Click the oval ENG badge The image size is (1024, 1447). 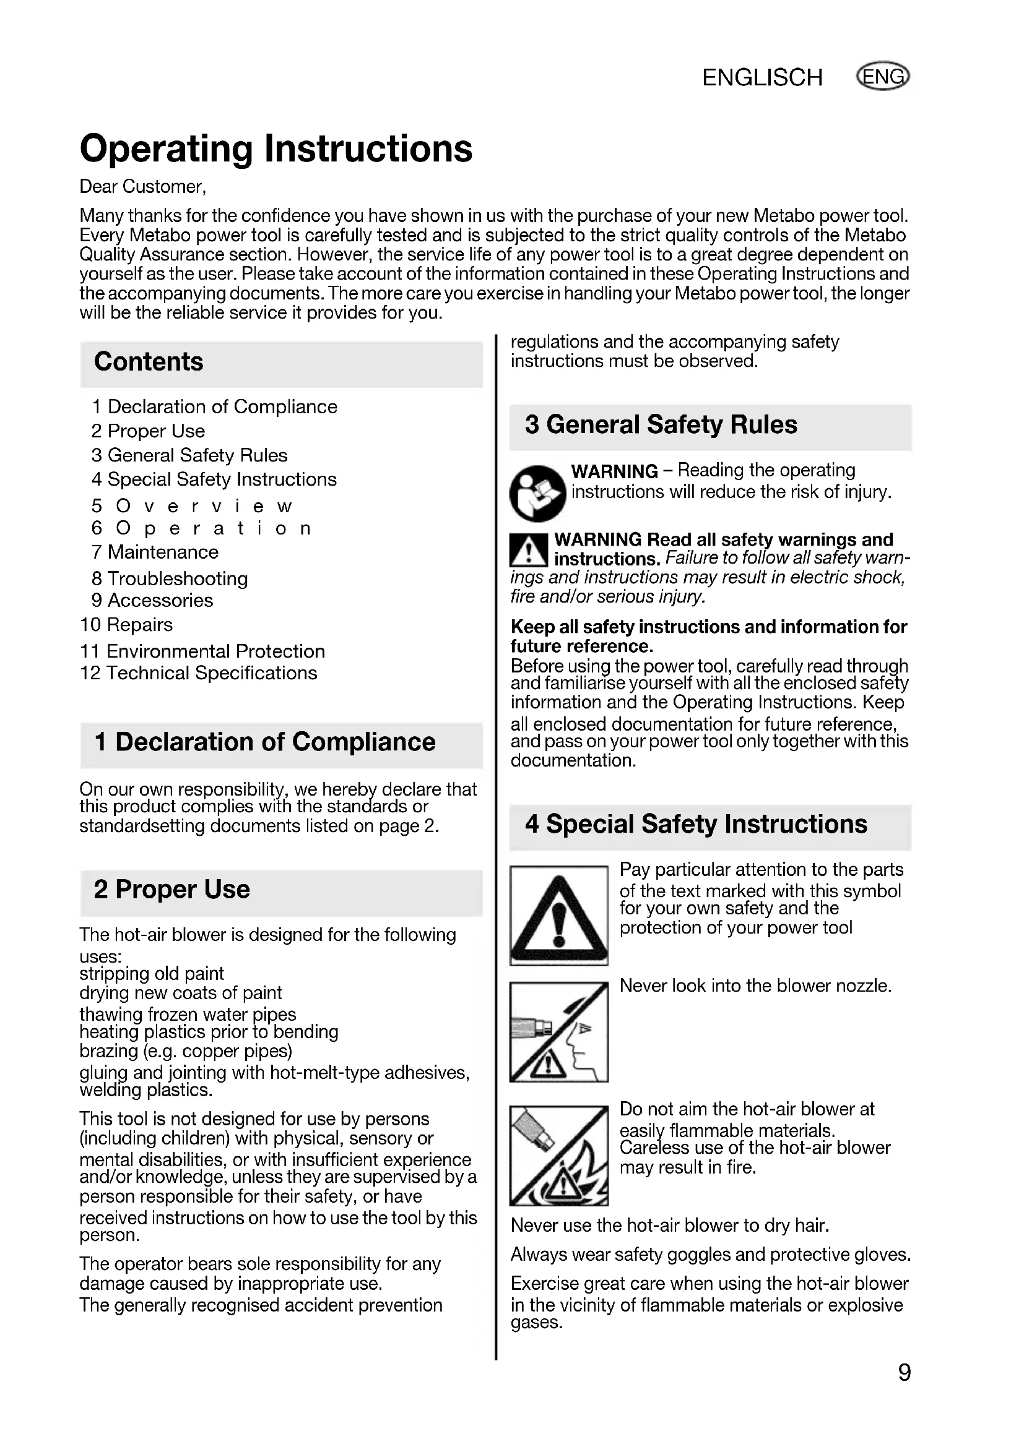[883, 76]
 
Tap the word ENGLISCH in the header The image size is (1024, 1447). [762, 77]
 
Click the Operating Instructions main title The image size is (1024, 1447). [276, 148]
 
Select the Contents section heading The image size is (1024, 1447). [149, 362]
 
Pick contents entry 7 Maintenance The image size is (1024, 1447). [155, 552]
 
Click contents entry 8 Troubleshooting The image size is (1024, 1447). [170, 578]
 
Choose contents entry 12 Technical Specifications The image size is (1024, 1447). [199, 673]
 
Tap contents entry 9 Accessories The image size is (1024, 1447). [152, 600]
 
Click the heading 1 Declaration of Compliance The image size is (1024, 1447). [265, 742]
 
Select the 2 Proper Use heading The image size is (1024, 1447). [172, 889]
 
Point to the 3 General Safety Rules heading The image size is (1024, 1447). [661, 425]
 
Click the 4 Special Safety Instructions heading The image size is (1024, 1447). [696, 823]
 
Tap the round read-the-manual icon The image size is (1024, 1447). [537, 494]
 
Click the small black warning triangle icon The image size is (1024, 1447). [528, 549]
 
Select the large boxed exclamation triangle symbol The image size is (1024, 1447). [558, 915]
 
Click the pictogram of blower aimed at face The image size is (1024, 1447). [558, 1032]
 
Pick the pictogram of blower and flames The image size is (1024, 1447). [558, 1155]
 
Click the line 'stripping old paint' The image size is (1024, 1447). [152, 974]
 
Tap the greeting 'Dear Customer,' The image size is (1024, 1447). [143, 187]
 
